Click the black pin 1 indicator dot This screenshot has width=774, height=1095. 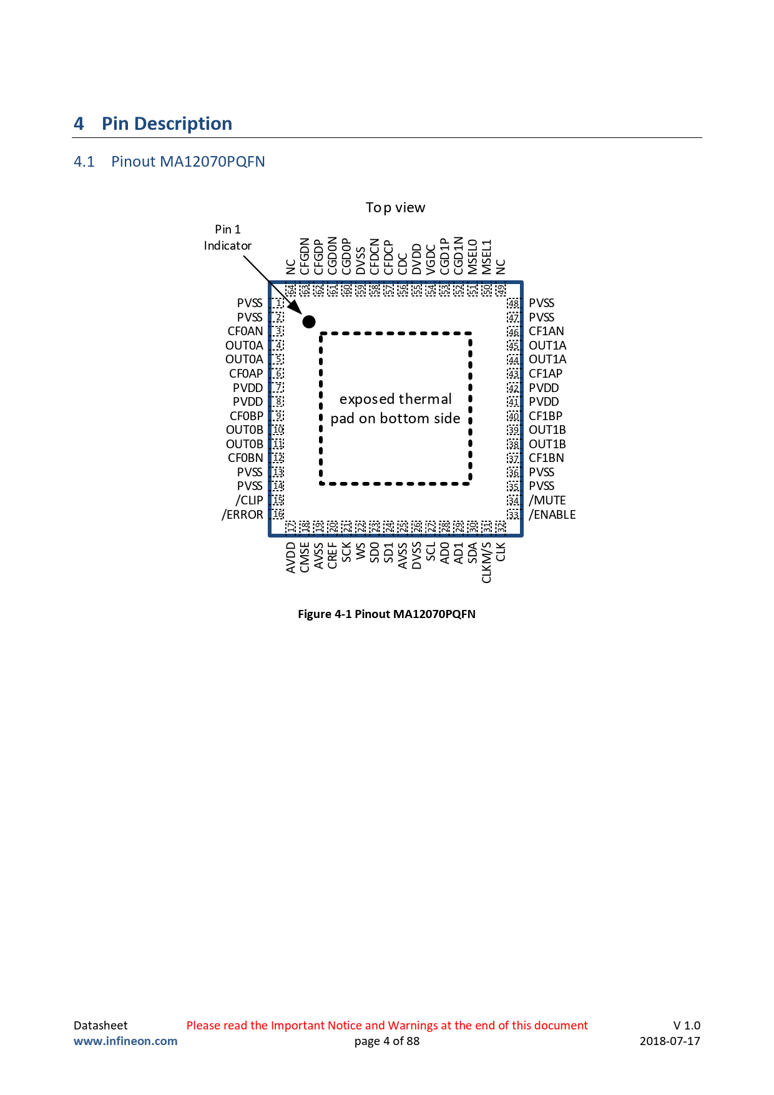[x=309, y=322]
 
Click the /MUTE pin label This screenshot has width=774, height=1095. [x=547, y=501]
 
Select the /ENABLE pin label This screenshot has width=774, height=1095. [x=552, y=514]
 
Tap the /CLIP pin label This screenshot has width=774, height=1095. [x=249, y=501]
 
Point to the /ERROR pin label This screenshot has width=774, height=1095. [x=242, y=514]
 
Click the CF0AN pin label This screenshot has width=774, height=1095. [x=245, y=331]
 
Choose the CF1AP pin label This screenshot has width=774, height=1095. [x=546, y=374]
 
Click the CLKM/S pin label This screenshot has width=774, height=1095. [x=487, y=562]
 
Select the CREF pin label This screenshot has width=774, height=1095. [x=333, y=556]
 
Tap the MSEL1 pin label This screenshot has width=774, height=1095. [x=487, y=257]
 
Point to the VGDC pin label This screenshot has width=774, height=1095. [x=431, y=260]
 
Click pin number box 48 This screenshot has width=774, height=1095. [x=513, y=303]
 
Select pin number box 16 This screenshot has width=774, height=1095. [x=278, y=514]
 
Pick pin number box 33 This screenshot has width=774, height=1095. [x=513, y=514]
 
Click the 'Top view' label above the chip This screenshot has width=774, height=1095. [x=396, y=208]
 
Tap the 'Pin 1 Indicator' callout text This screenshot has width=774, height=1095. [x=228, y=238]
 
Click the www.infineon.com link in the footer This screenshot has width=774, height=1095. [x=125, y=1041]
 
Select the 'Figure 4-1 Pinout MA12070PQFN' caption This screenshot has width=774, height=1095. [x=387, y=614]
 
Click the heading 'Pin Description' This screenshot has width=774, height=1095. [x=167, y=124]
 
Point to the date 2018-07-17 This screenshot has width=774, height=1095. [x=670, y=1041]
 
